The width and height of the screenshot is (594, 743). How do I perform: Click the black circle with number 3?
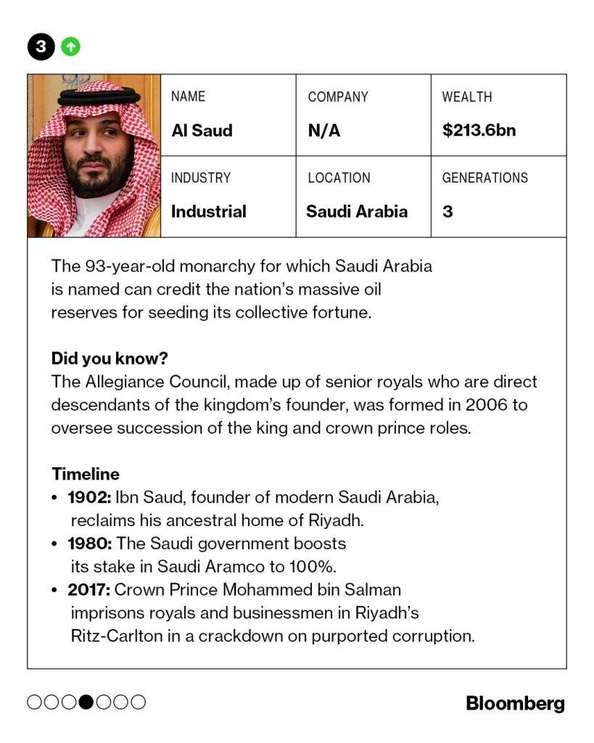pyautogui.click(x=41, y=47)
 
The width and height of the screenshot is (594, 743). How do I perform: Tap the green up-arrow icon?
pyautogui.click(x=70, y=47)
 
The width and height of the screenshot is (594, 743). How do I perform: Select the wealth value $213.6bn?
pyautogui.click(x=479, y=131)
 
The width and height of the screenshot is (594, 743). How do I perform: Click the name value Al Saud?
pyautogui.click(x=202, y=131)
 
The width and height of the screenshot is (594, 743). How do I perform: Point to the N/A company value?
pyautogui.click(x=323, y=131)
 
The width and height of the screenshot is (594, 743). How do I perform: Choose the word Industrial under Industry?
pyautogui.click(x=208, y=212)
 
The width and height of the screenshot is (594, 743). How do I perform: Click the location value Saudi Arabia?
pyautogui.click(x=357, y=212)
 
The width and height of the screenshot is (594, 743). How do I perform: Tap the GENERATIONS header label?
pyautogui.click(x=484, y=178)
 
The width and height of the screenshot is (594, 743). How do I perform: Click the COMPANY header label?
pyautogui.click(x=337, y=97)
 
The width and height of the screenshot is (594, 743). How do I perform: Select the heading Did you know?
pyautogui.click(x=109, y=358)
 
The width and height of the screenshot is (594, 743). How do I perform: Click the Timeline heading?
pyautogui.click(x=85, y=474)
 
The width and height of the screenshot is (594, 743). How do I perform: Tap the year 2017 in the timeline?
pyautogui.click(x=88, y=589)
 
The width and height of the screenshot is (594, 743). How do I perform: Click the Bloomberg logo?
pyautogui.click(x=515, y=702)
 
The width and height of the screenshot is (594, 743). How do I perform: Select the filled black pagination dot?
pyautogui.click(x=86, y=702)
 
